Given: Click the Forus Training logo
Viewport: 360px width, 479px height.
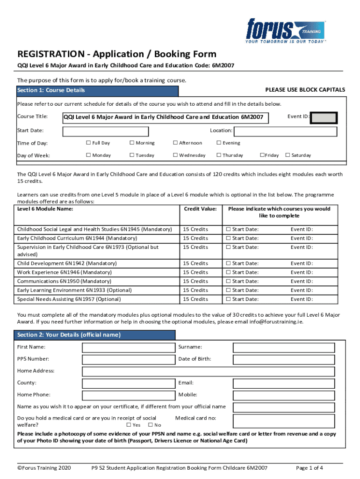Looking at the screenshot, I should click(x=286, y=31).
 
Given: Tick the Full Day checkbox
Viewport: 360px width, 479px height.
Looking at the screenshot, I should click(x=88, y=143).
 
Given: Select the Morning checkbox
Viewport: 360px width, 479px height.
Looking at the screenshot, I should click(x=132, y=143).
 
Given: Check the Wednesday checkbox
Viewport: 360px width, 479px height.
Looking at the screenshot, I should click(x=175, y=155).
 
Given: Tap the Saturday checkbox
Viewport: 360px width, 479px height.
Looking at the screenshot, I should click(x=288, y=155).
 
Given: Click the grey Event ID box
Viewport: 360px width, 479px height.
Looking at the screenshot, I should click(x=324, y=118).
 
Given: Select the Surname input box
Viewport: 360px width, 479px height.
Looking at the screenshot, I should click(x=284, y=348).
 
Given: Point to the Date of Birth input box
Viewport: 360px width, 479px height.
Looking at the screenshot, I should click(x=284, y=360).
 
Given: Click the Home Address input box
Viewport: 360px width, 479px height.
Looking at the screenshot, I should click(x=209, y=371).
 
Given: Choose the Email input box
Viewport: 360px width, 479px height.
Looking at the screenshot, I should click(x=284, y=383).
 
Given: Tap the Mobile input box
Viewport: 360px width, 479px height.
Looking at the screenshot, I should click(x=284, y=395).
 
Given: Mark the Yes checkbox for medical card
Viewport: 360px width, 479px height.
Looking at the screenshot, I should click(x=129, y=425).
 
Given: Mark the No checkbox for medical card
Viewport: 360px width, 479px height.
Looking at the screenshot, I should click(x=150, y=425).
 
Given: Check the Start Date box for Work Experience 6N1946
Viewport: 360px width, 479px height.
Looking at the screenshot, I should click(x=229, y=272).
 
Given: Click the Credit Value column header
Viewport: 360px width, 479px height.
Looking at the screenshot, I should click(x=201, y=209).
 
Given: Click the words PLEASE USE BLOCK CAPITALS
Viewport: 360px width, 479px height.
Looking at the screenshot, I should click(x=305, y=89).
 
